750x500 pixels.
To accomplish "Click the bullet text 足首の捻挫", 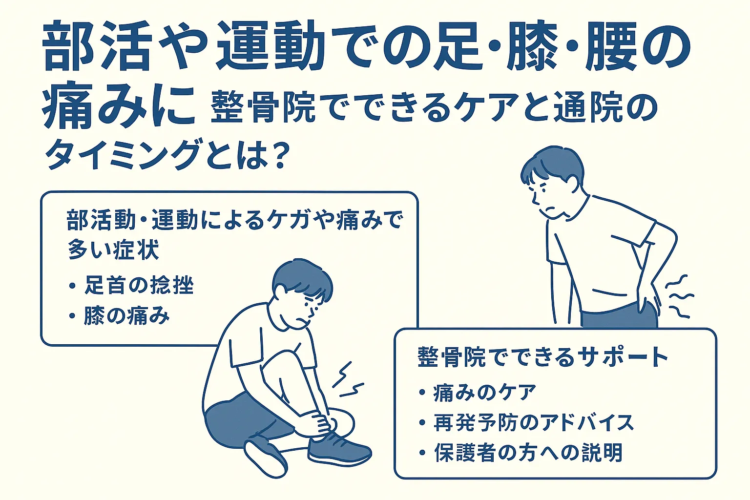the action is [139, 285].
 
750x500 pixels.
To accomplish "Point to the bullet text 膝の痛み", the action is [126, 316].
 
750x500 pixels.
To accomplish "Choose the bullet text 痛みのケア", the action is [485, 392].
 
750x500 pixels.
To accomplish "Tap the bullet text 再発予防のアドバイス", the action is [534, 422].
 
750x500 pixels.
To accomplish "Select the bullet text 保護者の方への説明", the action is [528, 453].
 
